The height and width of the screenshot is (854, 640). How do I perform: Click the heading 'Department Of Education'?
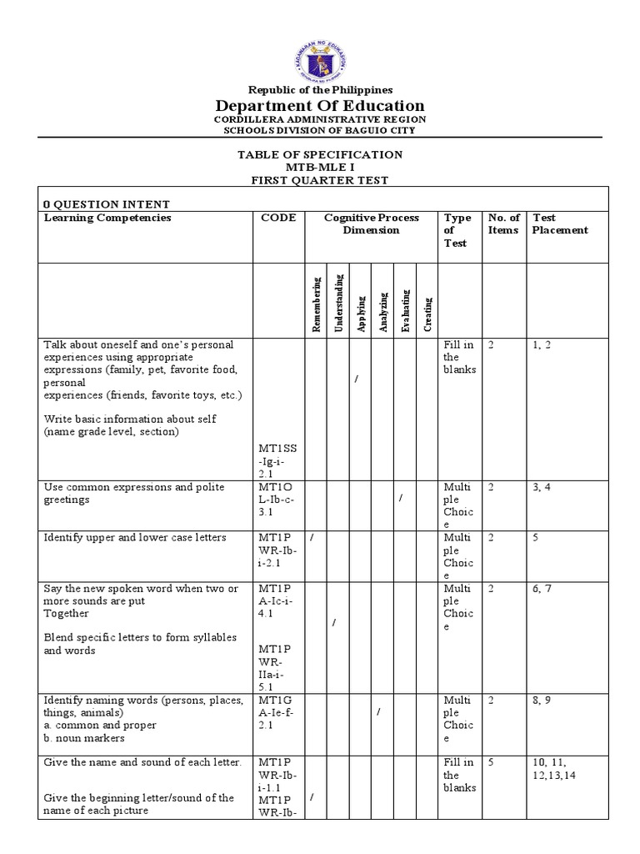pyautogui.click(x=320, y=106)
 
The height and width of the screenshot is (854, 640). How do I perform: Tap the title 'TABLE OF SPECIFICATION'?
pyautogui.click(x=320, y=155)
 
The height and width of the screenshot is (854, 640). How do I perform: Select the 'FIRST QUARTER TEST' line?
pyautogui.click(x=320, y=180)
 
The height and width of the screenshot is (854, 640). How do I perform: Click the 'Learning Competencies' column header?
pyautogui.click(x=107, y=218)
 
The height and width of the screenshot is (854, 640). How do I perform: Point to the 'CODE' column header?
pyautogui.click(x=278, y=218)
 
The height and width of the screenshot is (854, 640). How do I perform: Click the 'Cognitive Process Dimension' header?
pyautogui.click(x=371, y=224)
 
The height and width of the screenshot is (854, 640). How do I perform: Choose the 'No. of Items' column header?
pyautogui.click(x=503, y=224)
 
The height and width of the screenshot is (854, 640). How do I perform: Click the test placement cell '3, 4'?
pyautogui.click(x=543, y=487)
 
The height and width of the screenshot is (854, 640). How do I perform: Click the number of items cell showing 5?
pyautogui.click(x=492, y=762)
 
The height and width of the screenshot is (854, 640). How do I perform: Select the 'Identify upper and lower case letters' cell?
pyautogui.click(x=135, y=538)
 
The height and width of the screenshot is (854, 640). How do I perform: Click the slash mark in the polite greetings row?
pyautogui.click(x=401, y=498)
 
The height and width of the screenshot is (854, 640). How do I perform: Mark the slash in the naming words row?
pyautogui.click(x=378, y=711)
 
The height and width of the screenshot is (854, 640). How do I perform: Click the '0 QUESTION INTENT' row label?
pyautogui.click(x=106, y=203)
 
